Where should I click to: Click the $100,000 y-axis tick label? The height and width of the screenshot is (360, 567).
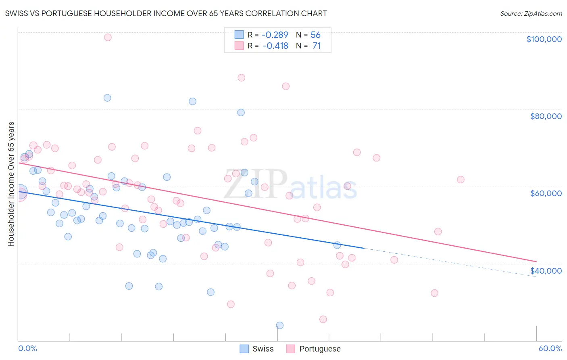[x=544, y=39]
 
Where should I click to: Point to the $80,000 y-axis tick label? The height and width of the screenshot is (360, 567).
[x=546, y=116]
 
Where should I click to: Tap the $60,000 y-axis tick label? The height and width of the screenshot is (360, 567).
[x=546, y=193]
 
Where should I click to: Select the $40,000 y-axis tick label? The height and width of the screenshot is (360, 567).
[x=546, y=271]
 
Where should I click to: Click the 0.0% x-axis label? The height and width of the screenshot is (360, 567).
[x=27, y=348]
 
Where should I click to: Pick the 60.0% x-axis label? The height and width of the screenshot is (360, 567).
[x=550, y=348]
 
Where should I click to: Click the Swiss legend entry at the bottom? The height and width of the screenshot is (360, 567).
[x=257, y=349]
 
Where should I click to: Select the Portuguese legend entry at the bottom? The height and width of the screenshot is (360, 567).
[x=313, y=349]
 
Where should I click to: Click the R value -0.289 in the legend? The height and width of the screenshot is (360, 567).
[x=275, y=35]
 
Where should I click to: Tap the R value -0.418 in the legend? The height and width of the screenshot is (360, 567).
[x=275, y=46]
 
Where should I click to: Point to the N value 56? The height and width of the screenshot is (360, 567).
[x=315, y=35]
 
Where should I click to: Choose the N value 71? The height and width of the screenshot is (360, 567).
[x=317, y=46]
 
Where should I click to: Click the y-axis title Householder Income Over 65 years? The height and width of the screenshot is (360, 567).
[x=11, y=184]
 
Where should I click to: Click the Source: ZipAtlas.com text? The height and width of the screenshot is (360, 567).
[x=531, y=14]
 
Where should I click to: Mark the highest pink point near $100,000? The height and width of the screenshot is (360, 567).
[x=108, y=37]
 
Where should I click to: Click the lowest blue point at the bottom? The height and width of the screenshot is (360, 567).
[x=279, y=325]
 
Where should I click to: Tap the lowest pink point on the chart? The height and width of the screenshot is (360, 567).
[x=323, y=319]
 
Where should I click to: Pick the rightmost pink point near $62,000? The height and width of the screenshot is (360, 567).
[x=461, y=180]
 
